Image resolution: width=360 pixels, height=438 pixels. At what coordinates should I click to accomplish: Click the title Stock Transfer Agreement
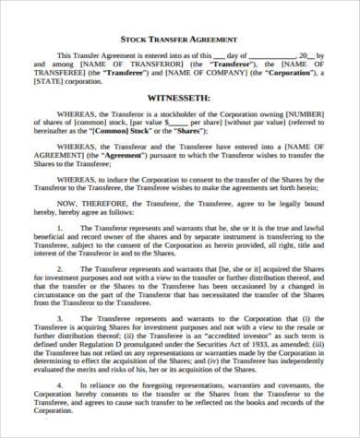(x=180, y=40)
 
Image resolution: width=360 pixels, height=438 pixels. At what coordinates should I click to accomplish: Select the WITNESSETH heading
(x=180, y=96)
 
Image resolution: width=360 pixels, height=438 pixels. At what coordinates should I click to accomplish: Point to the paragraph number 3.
(x=58, y=344)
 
